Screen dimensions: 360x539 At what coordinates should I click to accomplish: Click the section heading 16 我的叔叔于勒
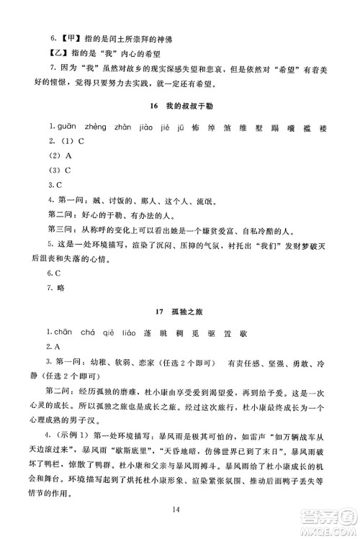179,106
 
